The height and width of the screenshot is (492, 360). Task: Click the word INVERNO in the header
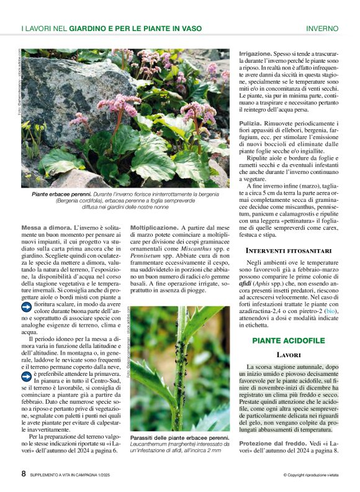click(x=322, y=29)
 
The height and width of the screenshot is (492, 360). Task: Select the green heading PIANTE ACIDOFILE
click(x=289, y=340)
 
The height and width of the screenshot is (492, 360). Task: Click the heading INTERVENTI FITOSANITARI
click(x=289, y=250)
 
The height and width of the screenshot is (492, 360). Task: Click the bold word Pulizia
click(x=251, y=124)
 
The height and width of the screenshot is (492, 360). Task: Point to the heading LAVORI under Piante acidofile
click(x=289, y=355)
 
